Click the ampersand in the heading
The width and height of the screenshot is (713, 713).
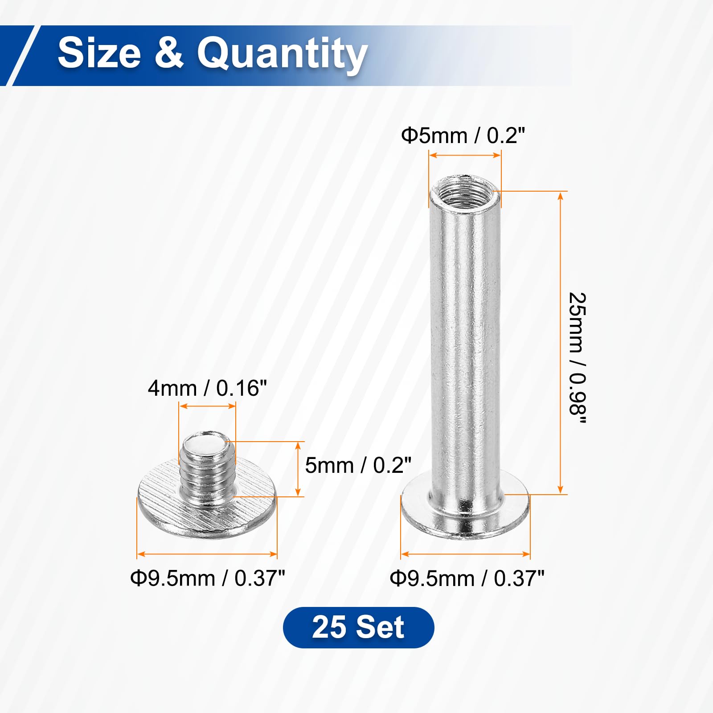click(169, 53)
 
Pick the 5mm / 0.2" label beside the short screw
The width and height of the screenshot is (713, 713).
click(358, 465)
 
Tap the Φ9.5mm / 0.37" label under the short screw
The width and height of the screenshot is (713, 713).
click(207, 578)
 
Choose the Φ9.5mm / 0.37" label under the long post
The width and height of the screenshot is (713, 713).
click(467, 578)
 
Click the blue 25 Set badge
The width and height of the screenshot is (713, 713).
click(358, 627)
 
